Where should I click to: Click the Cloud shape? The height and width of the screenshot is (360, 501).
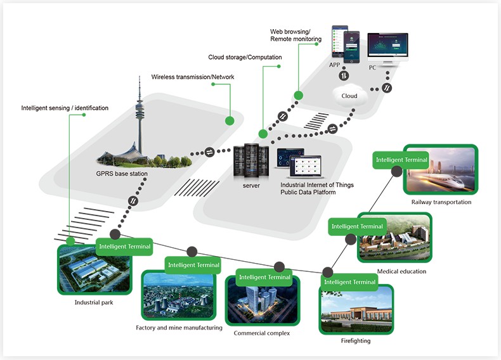349,96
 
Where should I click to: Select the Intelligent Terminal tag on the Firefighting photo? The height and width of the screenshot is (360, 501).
350,281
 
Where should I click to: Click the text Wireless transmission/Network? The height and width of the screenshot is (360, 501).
193,77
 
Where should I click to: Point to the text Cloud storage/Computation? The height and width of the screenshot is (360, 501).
245,58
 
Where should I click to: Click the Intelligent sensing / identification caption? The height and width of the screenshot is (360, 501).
65,108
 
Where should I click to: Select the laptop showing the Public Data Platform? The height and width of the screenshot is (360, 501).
297,165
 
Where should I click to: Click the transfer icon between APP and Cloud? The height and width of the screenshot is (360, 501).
343,76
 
